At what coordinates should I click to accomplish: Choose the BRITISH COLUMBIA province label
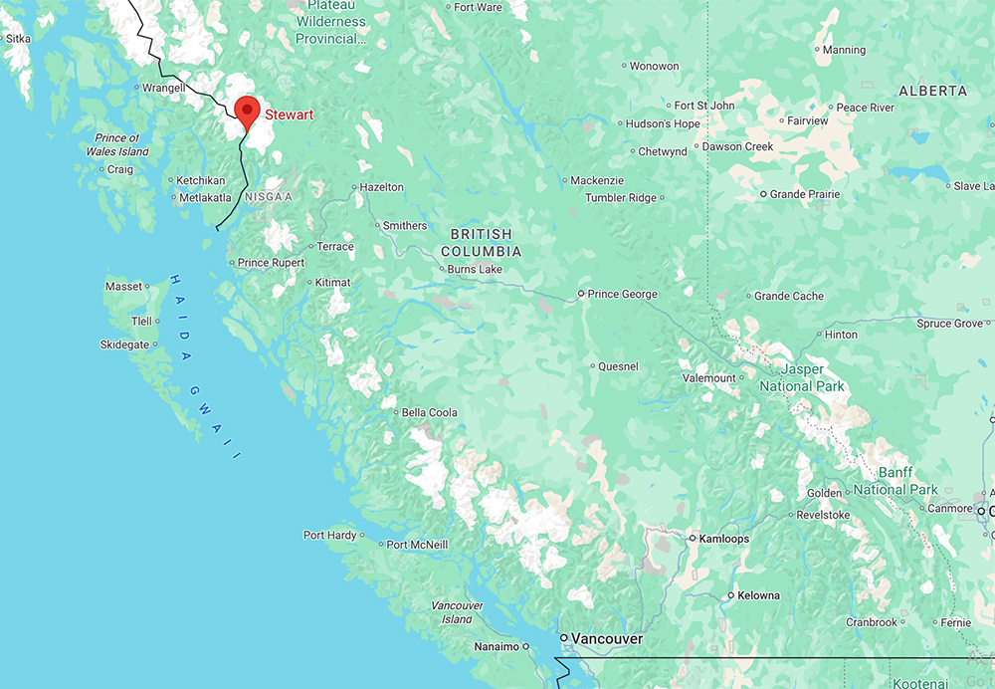(x=481, y=243)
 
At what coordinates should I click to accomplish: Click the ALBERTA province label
(x=932, y=91)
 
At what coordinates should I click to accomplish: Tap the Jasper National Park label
(x=801, y=377)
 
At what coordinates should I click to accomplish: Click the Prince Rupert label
(x=271, y=263)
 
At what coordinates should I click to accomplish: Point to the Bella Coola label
(x=429, y=412)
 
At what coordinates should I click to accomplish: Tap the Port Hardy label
(x=328, y=536)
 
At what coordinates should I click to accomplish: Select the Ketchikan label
(x=201, y=180)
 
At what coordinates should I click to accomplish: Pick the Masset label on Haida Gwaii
(x=123, y=287)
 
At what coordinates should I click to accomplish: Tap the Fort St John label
(x=704, y=106)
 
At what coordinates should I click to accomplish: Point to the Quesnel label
(x=618, y=366)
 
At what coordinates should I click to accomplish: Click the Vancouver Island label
(x=458, y=612)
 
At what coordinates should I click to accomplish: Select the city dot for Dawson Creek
(x=695, y=146)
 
